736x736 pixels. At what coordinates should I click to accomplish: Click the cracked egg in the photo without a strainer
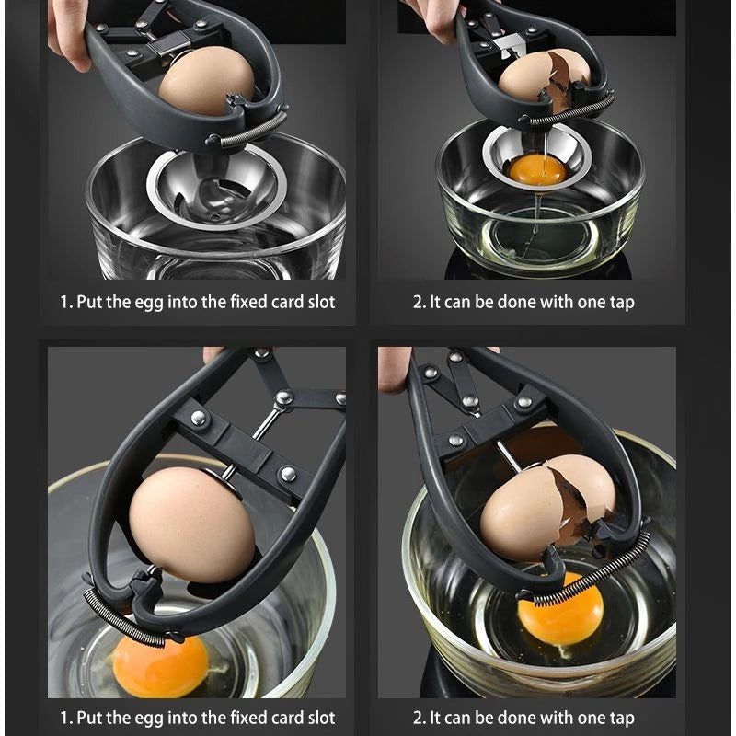pyautogui.click(x=546, y=505)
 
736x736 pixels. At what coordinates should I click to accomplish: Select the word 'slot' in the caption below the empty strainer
pyautogui.click(x=318, y=302)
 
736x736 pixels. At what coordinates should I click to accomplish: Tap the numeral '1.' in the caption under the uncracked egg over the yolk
pyautogui.click(x=66, y=717)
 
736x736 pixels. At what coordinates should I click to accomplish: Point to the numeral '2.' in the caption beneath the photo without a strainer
pyautogui.click(x=419, y=717)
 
